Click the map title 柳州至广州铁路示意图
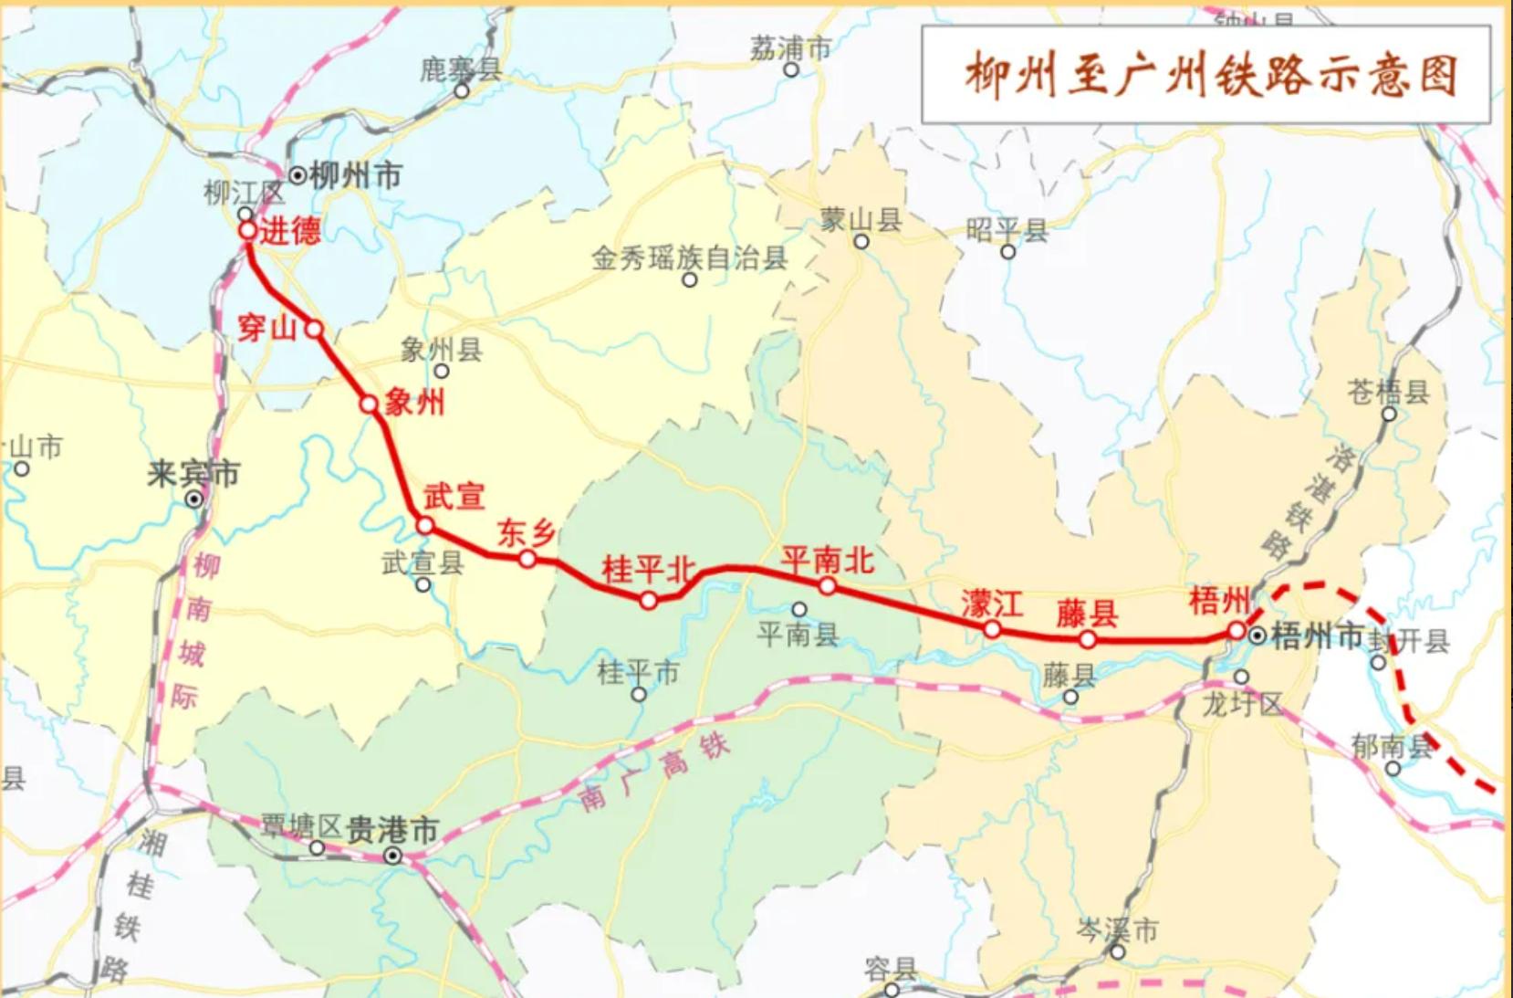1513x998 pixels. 1210,75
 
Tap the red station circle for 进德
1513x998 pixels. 248,231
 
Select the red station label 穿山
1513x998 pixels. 266,326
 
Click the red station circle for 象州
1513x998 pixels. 369,404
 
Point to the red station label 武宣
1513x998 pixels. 454,497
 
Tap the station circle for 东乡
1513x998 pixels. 527,558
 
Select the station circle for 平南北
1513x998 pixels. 827,585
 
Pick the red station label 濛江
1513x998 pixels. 992,603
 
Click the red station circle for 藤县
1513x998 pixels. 1087,639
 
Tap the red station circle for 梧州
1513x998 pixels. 1236,630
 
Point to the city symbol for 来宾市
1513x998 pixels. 193,499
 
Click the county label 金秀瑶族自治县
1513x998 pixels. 689,258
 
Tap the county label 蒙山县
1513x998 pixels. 861,219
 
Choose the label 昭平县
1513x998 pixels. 1007,229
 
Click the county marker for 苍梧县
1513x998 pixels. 1389,414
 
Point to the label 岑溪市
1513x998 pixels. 1117,930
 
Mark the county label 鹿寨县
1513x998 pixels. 461,69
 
